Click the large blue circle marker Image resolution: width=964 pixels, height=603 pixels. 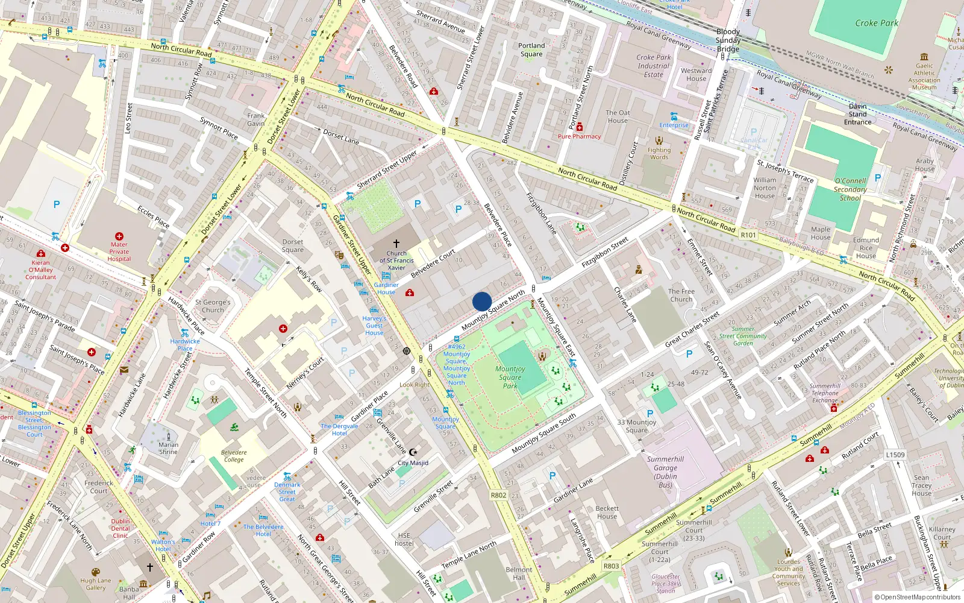coord(482,301)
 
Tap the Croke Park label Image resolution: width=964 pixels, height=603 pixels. coord(876,23)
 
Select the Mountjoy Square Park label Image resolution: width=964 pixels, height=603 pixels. coord(510,377)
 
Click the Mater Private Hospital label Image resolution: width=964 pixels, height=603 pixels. coord(119,251)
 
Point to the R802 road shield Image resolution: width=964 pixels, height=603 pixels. coord(498,495)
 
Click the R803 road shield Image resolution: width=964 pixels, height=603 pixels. coord(611,566)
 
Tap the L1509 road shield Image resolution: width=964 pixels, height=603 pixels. coord(895,455)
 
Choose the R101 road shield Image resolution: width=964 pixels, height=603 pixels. coord(748,235)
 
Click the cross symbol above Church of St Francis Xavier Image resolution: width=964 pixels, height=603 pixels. coord(396,243)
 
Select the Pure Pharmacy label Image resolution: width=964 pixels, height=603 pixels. coord(579,136)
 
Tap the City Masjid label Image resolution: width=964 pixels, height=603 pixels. coord(413,463)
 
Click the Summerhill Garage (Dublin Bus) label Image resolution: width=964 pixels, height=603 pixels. coord(665,472)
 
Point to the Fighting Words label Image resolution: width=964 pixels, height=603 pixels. coord(659,154)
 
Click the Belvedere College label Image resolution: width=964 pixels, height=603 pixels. coord(234,456)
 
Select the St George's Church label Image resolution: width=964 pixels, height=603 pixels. coord(213,306)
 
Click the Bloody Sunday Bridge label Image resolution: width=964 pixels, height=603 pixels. coord(728,40)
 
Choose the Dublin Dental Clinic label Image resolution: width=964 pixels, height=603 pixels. coord(120,528)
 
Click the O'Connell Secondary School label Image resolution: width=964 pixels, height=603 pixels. coord(850,189)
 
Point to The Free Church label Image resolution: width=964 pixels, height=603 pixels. coord(681,295)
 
